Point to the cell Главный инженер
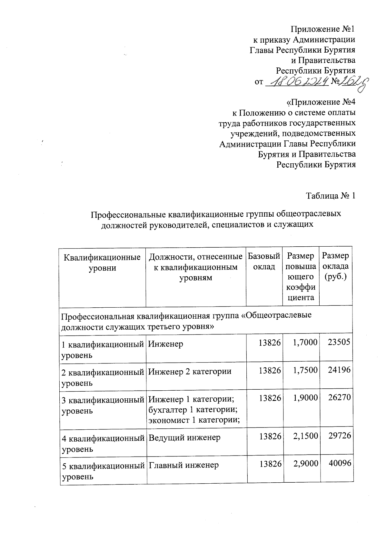183,465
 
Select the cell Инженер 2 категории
190,371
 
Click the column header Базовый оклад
264,262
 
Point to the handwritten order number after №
354,82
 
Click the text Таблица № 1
331,196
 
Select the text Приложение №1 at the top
323,29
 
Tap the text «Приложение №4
321,102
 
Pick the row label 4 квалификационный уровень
103,443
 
